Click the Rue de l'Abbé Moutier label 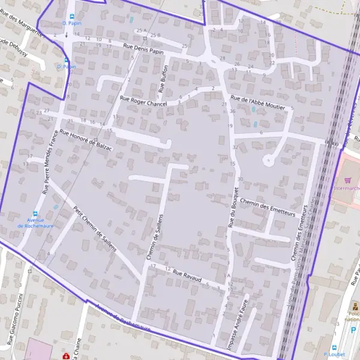(257, 102)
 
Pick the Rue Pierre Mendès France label (49, 163)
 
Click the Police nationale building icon (354, 308)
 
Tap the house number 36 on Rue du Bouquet (232, 112)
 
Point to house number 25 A (142, 30)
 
